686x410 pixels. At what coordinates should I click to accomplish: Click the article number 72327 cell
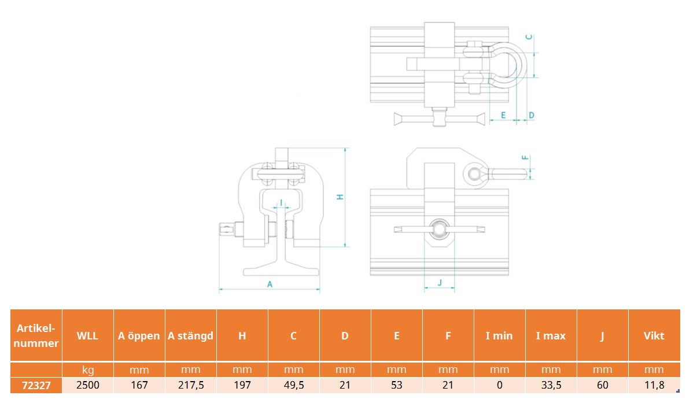pos(36,386)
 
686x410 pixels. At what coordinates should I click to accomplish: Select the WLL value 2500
pos(87,385)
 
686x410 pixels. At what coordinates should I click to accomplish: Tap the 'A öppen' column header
pos(139,335)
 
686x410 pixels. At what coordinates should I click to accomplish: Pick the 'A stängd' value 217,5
pos(191,385)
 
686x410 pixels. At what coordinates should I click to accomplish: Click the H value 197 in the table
pos(242,385)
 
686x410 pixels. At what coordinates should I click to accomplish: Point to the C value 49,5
pos(294,385)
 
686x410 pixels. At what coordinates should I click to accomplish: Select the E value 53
pos(396,385)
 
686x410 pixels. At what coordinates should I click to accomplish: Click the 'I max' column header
pos(551,335)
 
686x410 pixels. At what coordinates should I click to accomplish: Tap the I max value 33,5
pos(551,385)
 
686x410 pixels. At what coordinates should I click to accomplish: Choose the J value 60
pos(603,385)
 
